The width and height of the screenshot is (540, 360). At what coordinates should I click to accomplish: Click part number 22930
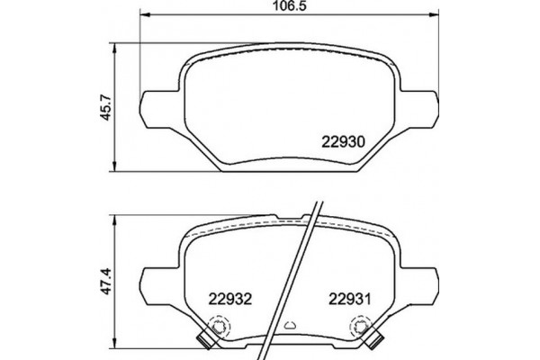(x=343, y=141)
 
